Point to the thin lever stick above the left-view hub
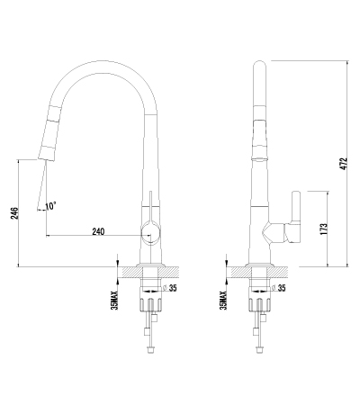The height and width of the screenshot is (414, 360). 150,204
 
